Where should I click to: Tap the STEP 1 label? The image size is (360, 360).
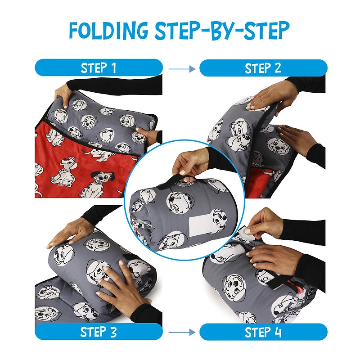point(99,68)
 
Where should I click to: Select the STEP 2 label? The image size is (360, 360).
point(263,68)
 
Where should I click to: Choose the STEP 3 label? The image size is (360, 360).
point(99,333)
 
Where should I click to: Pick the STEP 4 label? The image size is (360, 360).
point(263,333)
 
